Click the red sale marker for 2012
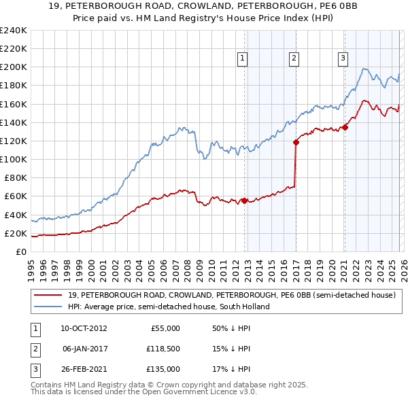coord(244,201)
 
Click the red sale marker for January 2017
coord(296,142)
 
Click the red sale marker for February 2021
coord(345,126)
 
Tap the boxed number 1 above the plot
coord(243,59)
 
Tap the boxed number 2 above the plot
coord(294,59)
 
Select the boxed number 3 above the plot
coord(343,59)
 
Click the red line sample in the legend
coord(48,295)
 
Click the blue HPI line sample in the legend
coord(48,307)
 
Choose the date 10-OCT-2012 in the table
coord(84,328)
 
